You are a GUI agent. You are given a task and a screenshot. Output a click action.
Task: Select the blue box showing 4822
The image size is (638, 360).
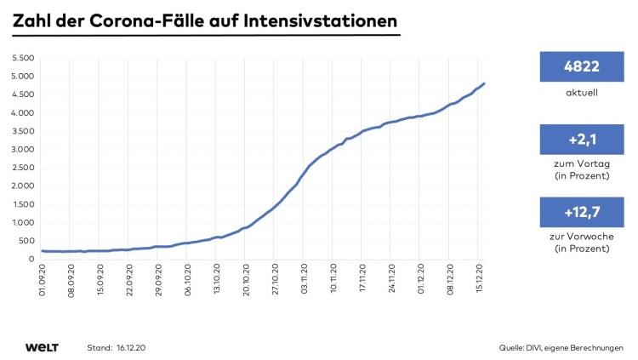[582, 66]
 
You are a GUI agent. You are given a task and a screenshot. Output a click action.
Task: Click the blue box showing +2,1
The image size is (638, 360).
[582, 139]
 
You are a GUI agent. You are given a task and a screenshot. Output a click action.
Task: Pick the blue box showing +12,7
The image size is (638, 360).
[582, 212]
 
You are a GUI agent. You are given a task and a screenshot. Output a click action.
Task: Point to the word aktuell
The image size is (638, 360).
[582, 93]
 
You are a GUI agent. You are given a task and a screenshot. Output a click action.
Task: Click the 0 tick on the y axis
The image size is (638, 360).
[31, 259]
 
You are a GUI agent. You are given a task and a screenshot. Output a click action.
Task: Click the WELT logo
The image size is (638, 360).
[41, 347]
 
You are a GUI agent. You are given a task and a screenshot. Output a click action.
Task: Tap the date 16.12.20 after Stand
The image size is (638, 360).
[132, 348]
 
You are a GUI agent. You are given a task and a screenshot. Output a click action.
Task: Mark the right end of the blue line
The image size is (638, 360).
[485, 83]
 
